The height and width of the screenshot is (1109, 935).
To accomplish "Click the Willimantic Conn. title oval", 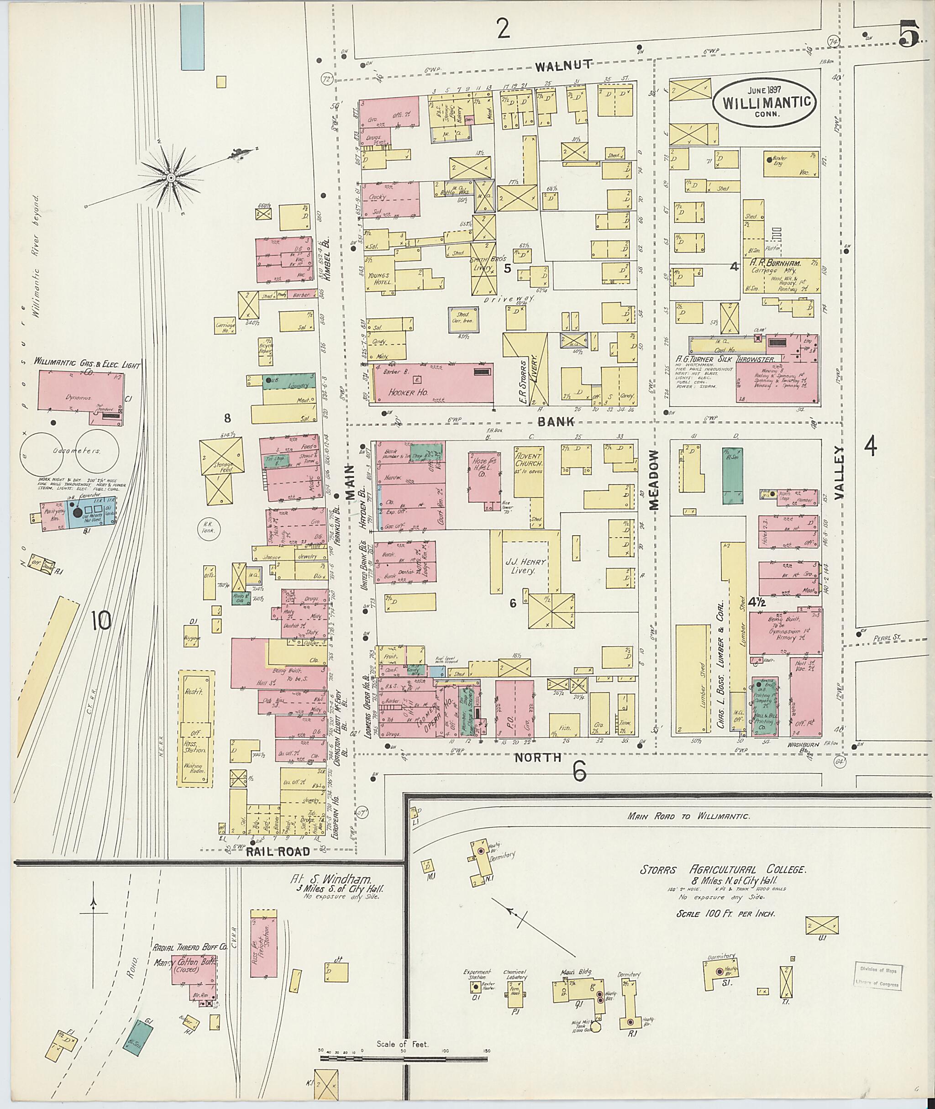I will click(764, 101).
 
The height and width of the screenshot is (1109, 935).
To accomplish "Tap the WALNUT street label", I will click(562, 66).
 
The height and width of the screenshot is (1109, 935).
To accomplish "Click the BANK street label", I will click(556, 422).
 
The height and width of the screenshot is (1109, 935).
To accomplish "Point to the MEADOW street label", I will click(654, 480).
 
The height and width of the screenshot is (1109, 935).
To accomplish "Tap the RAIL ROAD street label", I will click(277, 851).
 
